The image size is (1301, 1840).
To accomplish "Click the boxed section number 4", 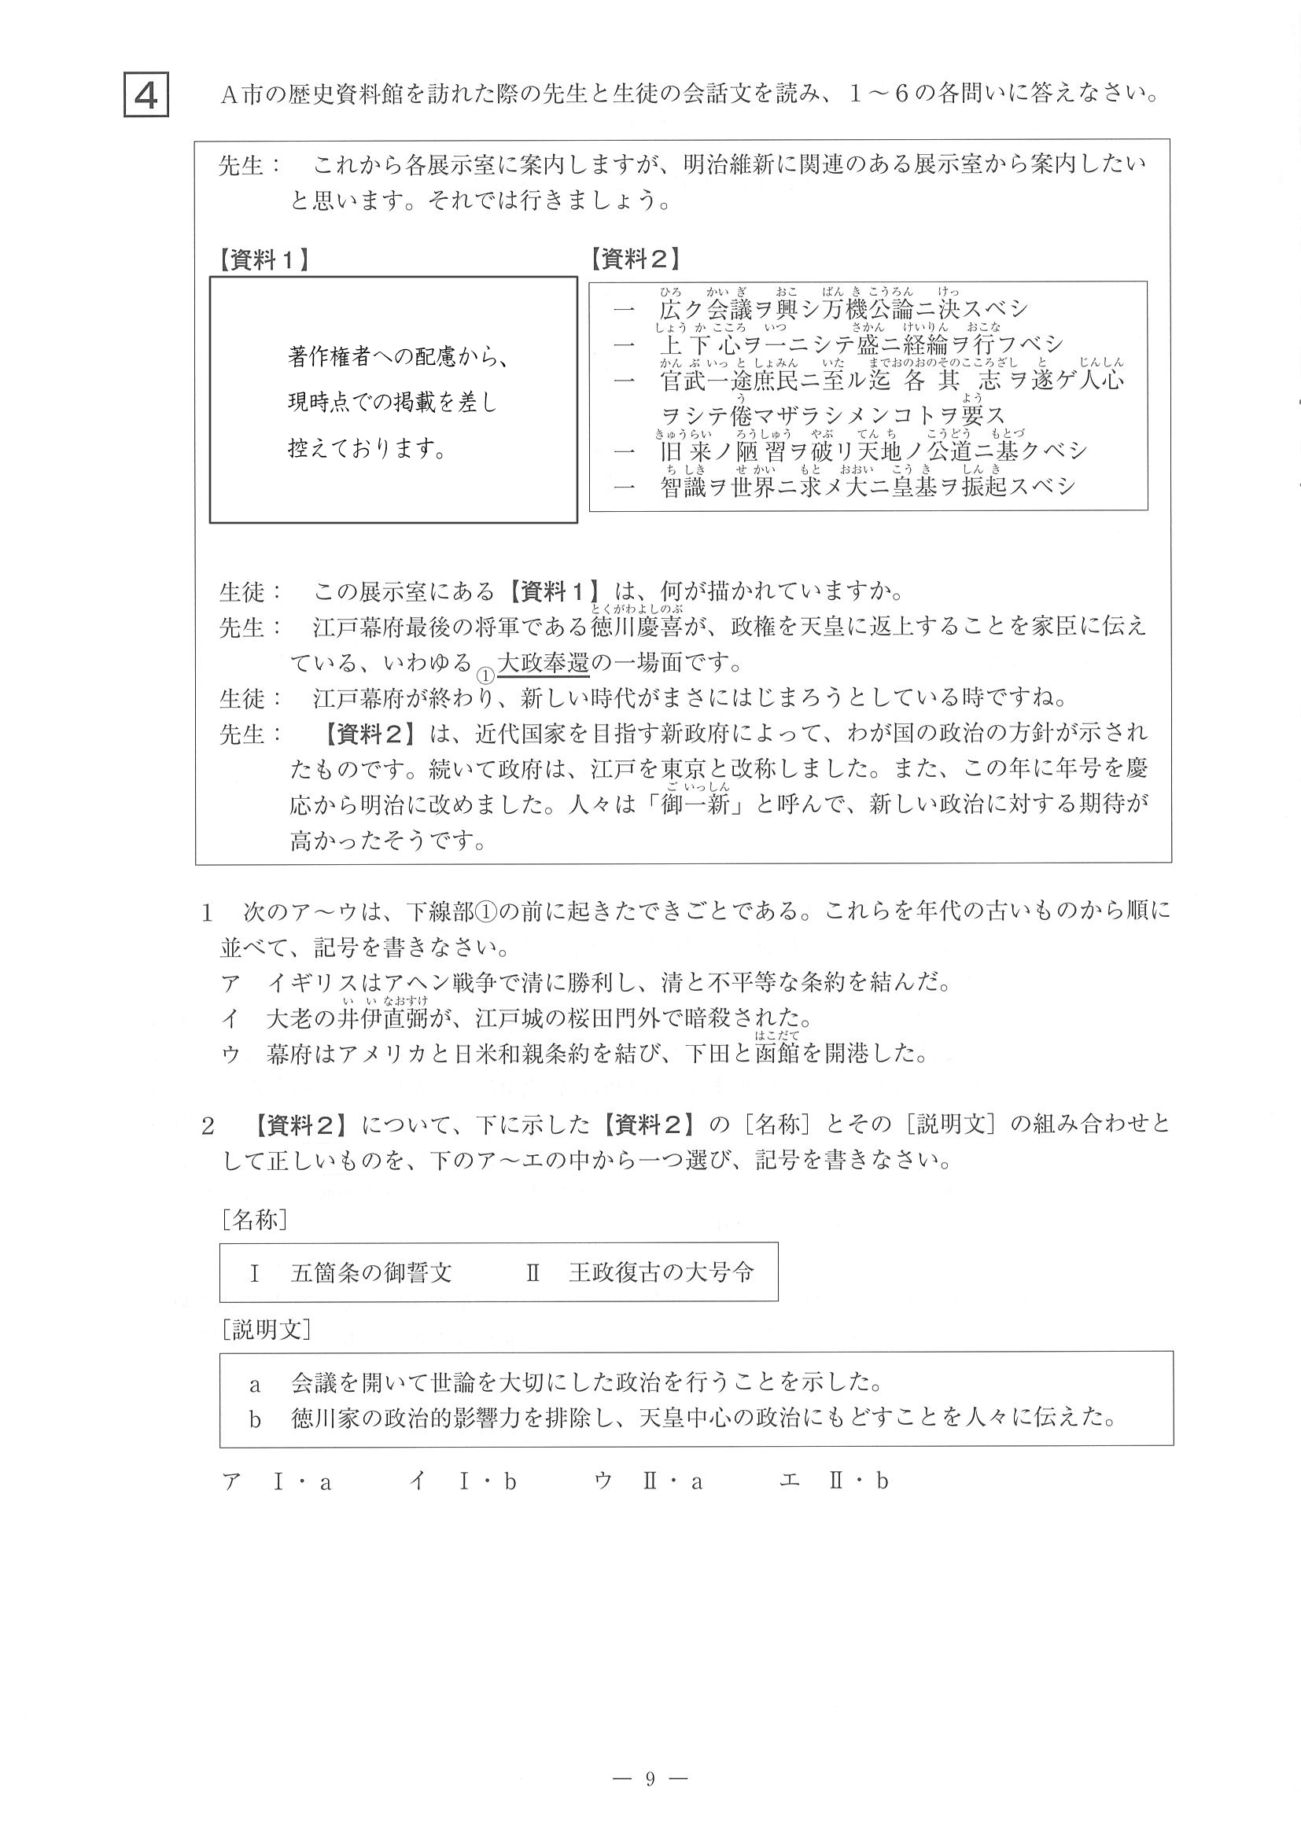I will tap(146, 95).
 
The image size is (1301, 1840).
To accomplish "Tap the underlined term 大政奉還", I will tap(543, 664).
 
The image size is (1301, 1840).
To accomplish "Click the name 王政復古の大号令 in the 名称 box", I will tap(661, 1272).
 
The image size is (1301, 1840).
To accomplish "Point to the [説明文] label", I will tap(265, 1330).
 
